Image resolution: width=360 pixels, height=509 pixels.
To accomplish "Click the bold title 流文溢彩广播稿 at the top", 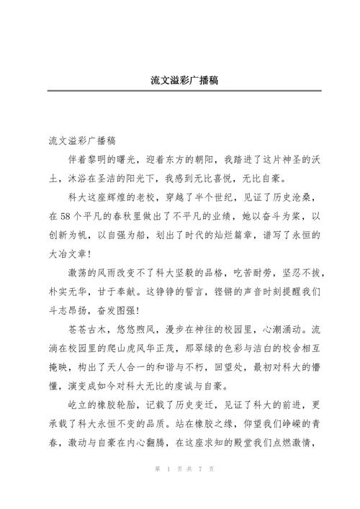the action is click(x=180, y=79).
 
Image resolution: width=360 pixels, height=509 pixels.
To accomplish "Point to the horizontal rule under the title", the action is click(x=180, y=91).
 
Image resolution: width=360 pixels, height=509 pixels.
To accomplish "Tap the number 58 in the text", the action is click(x=68, y=216).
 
